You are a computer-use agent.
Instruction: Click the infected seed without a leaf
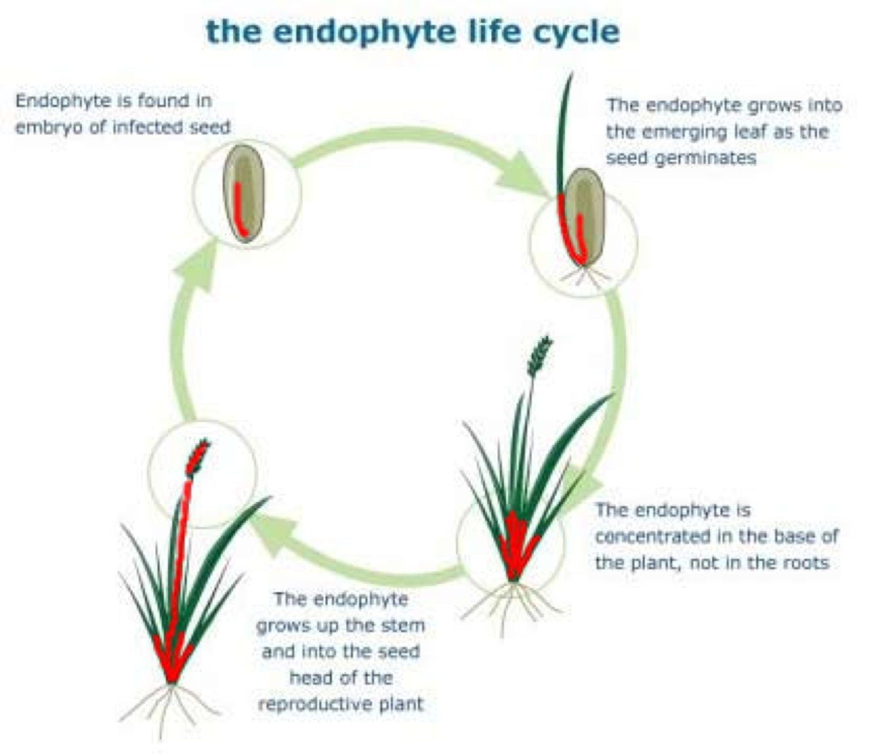(x=244, y=194)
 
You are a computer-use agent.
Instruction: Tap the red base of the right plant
(x=515, y=546)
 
